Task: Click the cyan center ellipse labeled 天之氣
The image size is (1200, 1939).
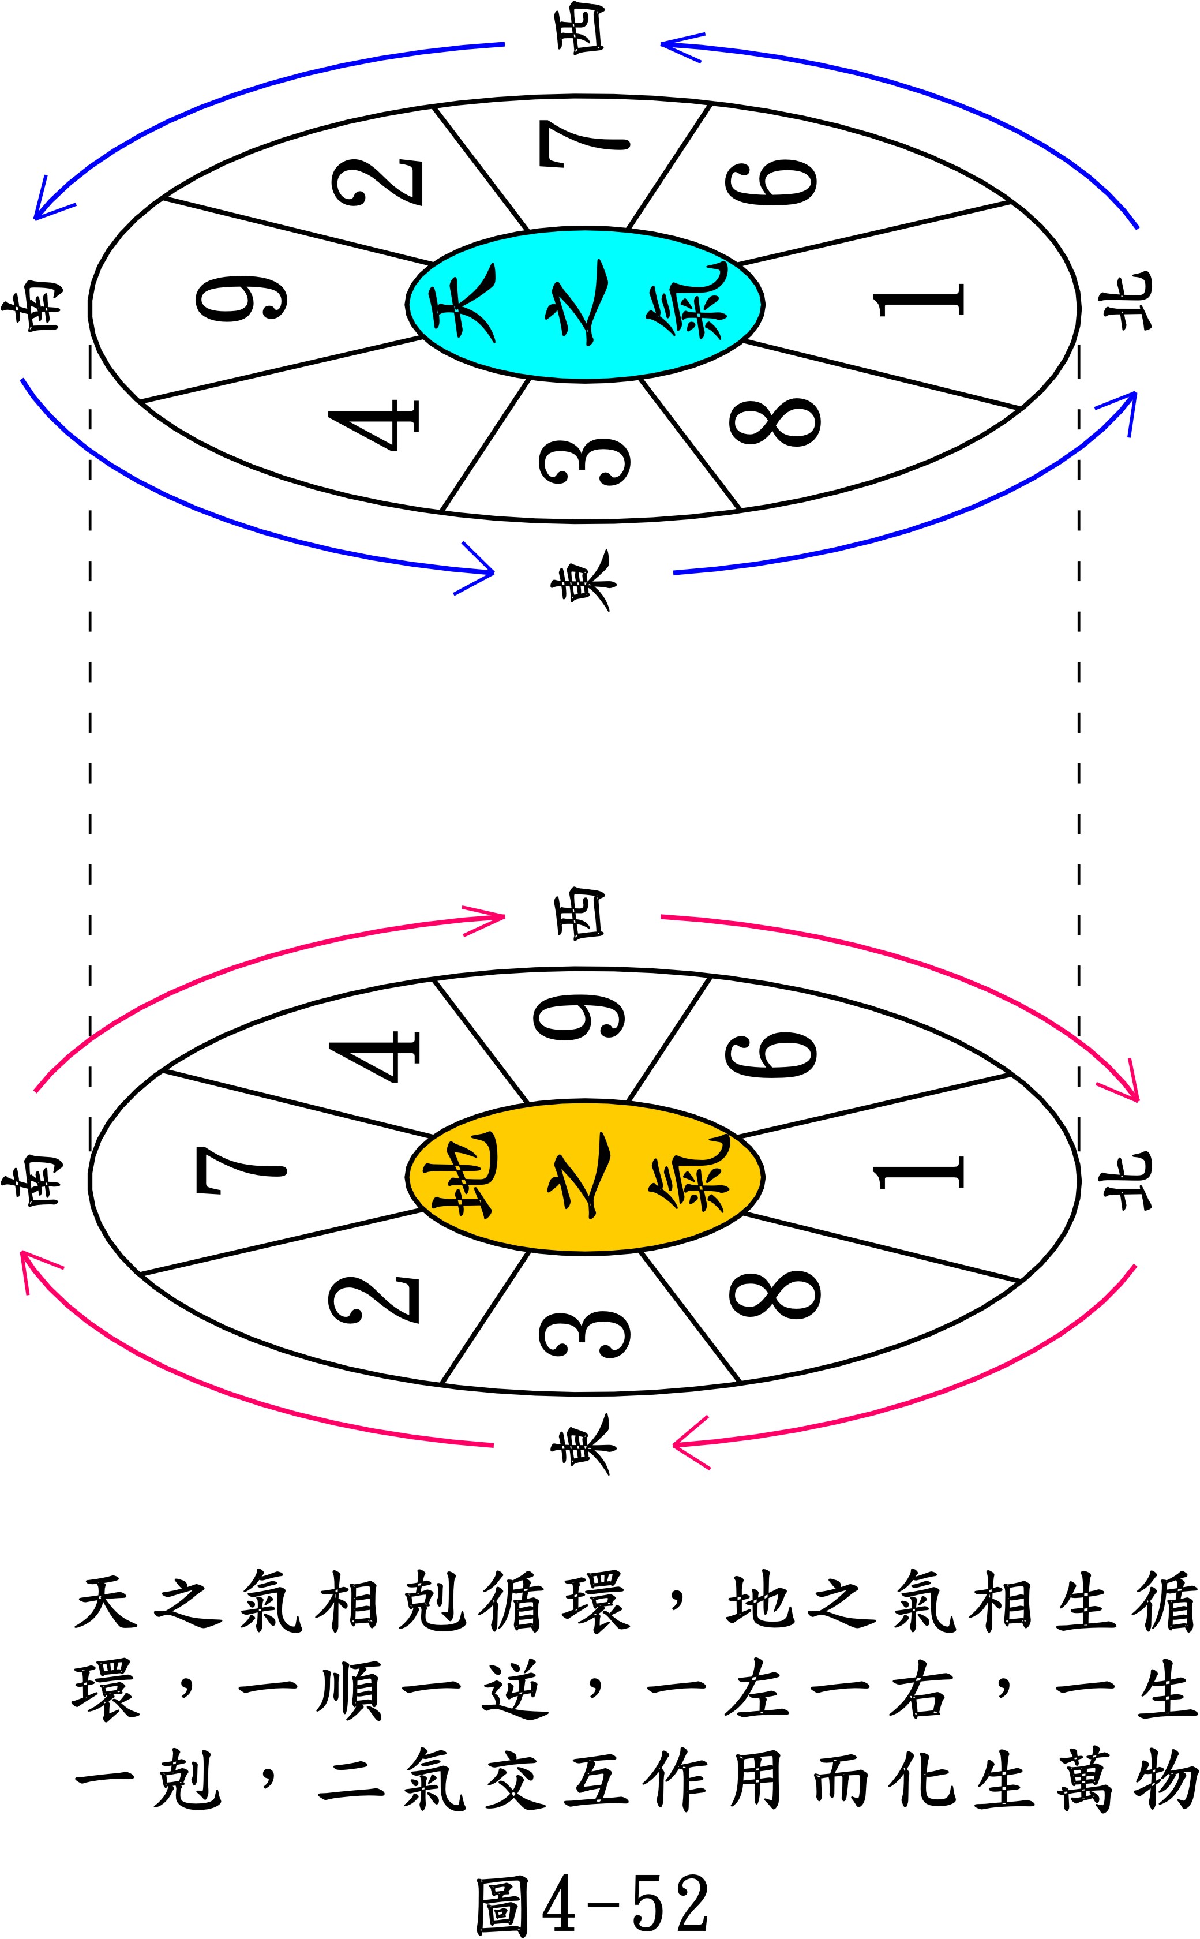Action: click(585, 304)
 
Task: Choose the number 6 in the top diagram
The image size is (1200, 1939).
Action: click(770, 182)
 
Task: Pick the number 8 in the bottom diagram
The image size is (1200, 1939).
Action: click(774, 1294)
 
